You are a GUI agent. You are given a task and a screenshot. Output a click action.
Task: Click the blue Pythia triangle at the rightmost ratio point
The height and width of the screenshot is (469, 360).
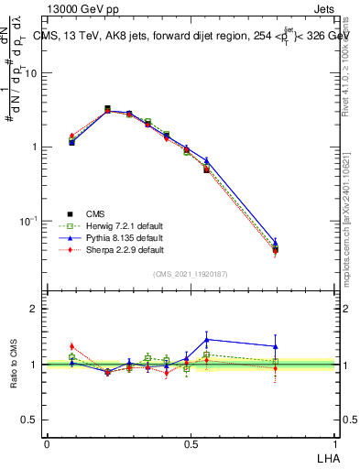[x=276, y=346]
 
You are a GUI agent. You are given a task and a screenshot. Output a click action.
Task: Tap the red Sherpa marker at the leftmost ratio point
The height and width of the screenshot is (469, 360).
[x=71, y=346]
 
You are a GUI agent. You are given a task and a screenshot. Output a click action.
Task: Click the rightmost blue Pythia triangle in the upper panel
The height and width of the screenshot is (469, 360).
[x=276, y=243]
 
